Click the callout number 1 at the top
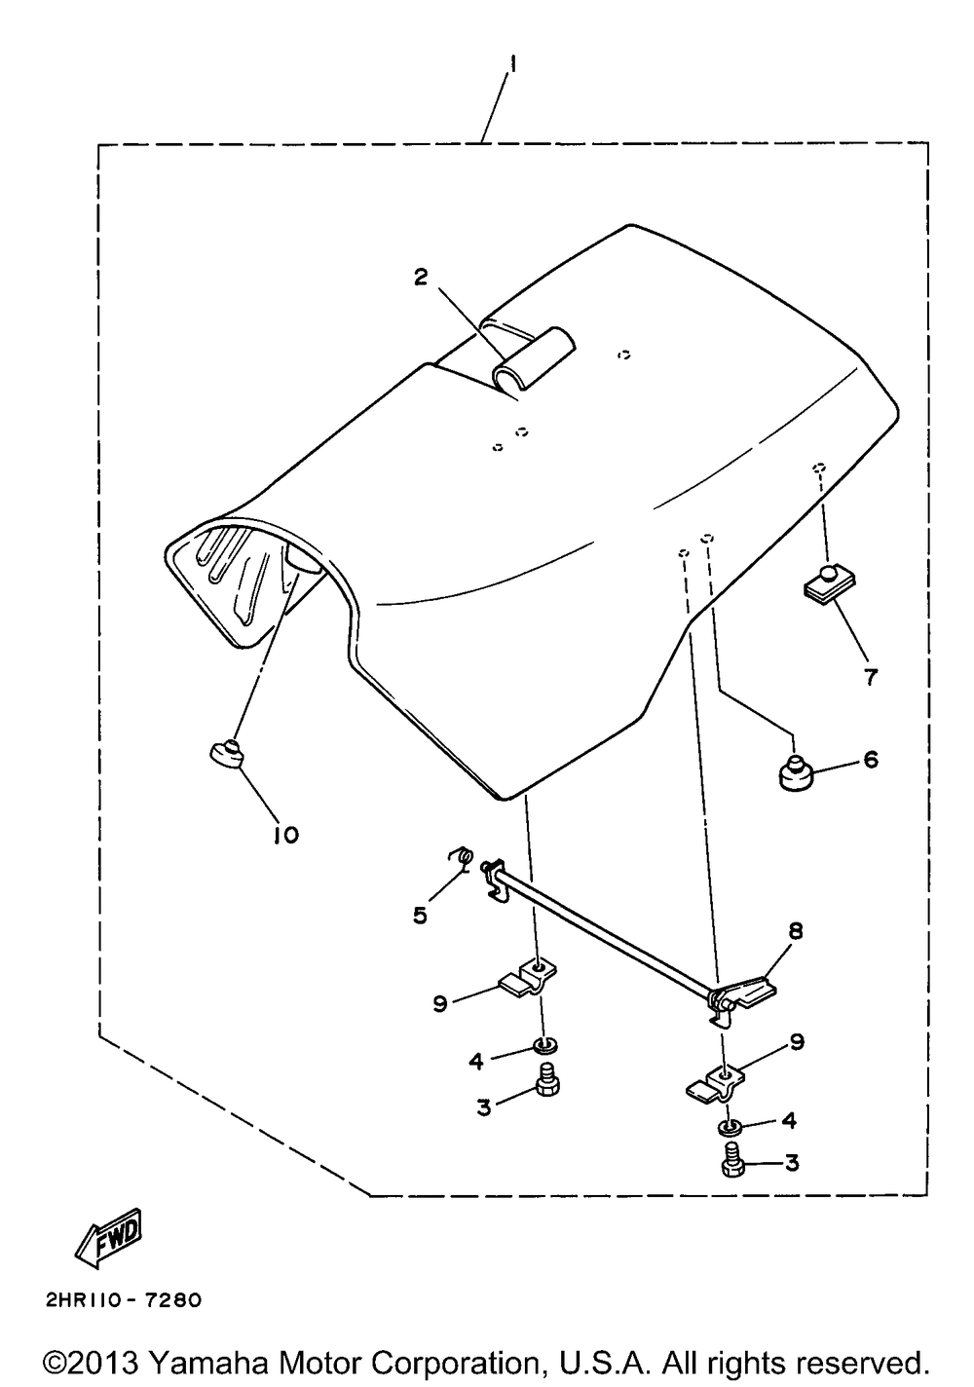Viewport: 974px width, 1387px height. coord(513,64)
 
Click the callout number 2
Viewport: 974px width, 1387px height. coord(421,277)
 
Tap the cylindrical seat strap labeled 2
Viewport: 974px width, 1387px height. coord(534,359)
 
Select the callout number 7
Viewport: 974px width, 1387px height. coord(871,677)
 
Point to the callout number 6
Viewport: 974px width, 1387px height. coord(871,759)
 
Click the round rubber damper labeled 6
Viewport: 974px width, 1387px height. coord(795,771)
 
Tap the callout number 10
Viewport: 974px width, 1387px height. coord(285,836)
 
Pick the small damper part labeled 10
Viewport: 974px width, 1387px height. coord(225,754)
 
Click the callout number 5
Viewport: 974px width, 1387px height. coord(421,916)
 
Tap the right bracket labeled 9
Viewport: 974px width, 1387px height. coord(717,1084)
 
